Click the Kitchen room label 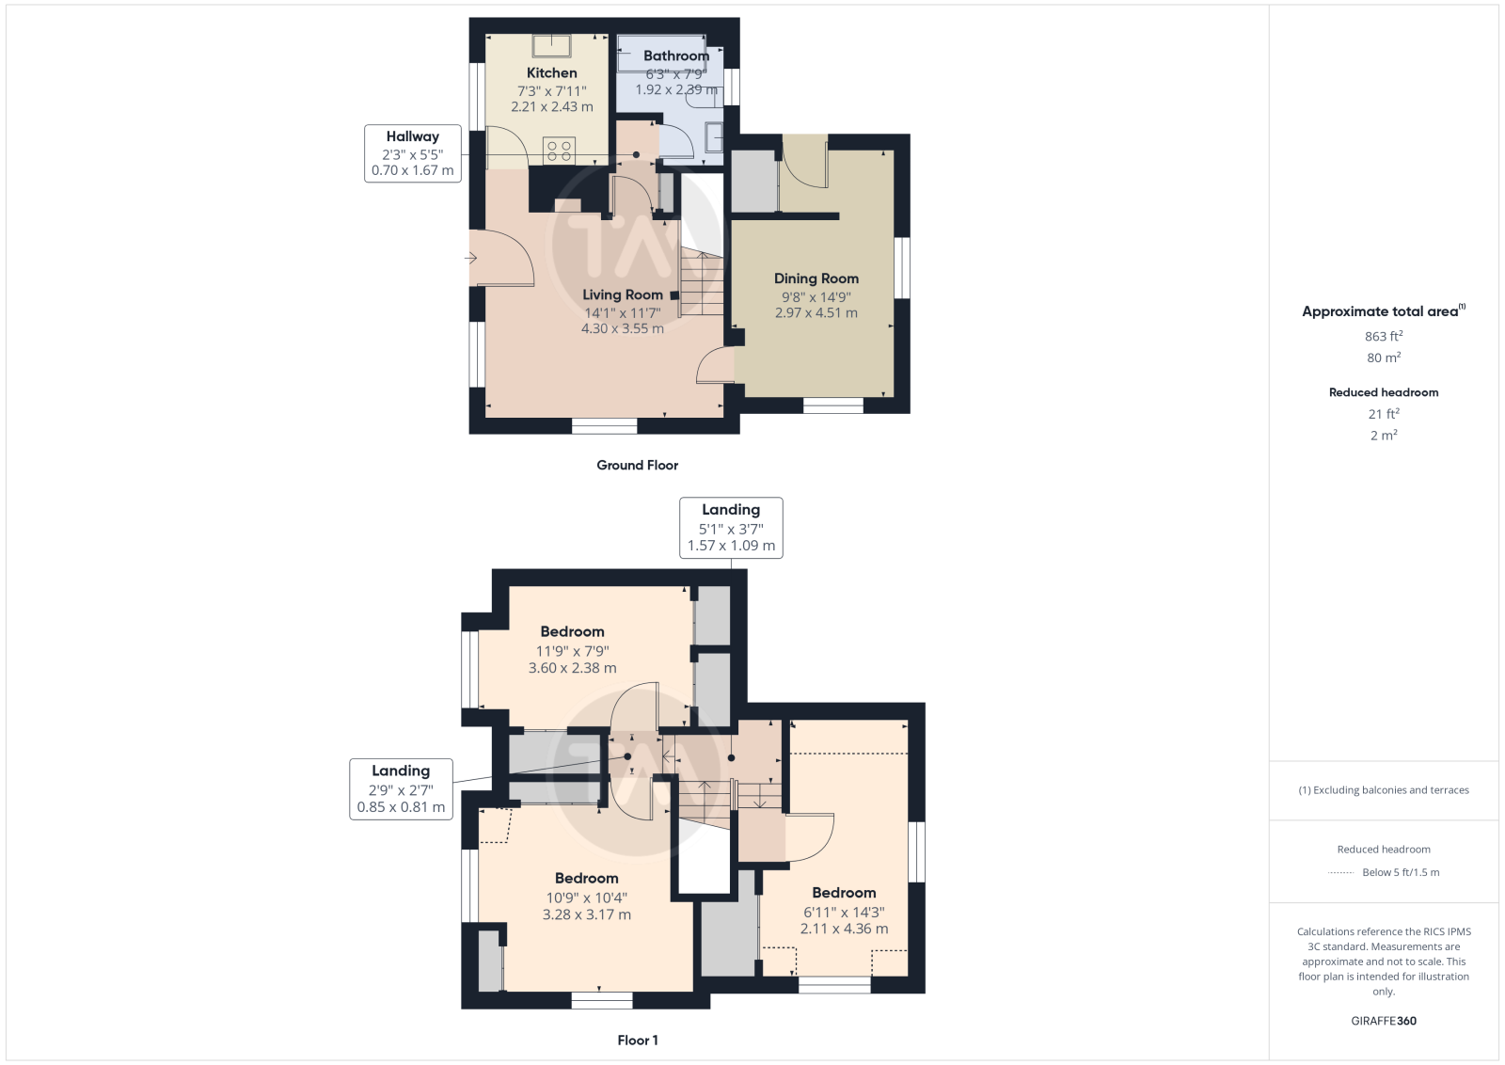click(551, 72)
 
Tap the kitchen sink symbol click(551, 46)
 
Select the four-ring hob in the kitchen click(559, 151)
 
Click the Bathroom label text click(676, 56)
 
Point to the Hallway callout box click(413, 153)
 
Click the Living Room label click(622, 294)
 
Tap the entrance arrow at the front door click(470, 258)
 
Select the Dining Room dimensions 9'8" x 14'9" click(816, 296)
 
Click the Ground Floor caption click(637, 465)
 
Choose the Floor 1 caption click(637, 1041)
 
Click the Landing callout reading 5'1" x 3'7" click(731, 528)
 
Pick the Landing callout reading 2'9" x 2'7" click(401, 788)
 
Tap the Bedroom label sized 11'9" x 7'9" click(573, 631)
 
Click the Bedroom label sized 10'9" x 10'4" click(587, 878)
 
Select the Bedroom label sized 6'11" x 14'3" click(844, 892)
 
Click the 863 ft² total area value click(1384, 336)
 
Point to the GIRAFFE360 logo click(1384, 1021)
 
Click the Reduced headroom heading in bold click(1384, 392)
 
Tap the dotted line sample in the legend click(1341, 873)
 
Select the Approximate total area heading click(1384, 311)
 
